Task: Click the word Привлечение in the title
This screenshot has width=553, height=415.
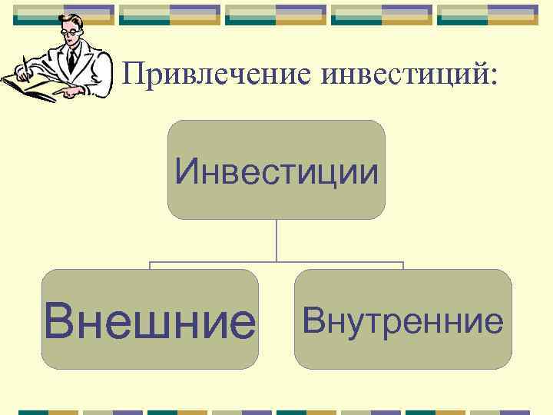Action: point(218,75)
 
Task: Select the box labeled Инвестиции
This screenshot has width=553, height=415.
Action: point(276,170)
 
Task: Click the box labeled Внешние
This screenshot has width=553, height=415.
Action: point(150,319)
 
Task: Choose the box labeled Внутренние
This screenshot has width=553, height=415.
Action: point(402,319)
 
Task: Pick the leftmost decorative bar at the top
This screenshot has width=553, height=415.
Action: point(64,15)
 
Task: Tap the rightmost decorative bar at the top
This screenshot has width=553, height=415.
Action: point(488,15)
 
